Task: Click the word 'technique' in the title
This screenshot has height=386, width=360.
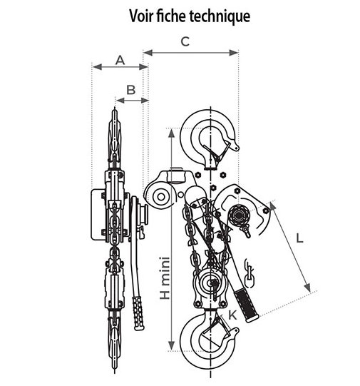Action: [220, 16]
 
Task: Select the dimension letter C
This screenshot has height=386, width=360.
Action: [185, 41]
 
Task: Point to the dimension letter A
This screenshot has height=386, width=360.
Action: [120, 60]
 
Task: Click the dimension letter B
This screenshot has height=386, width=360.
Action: [131, 90]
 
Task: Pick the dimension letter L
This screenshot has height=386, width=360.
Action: [299, 238]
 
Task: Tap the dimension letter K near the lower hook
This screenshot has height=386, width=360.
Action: [232, 315]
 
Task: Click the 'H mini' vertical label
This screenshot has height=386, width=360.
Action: [165, 278]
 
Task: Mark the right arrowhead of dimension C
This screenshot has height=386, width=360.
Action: [234, 52]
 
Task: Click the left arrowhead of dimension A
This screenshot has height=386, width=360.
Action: [98, 67]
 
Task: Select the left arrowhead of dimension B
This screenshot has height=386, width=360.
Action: [120, 100]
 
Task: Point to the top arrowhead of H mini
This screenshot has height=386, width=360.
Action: [172, 133]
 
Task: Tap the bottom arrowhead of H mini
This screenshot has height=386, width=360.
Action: [172, 346]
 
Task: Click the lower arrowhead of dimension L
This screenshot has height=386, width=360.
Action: [307, 288]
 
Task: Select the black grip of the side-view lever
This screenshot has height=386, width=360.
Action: [138, 313]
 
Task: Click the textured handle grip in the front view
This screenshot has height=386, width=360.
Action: [246, 305]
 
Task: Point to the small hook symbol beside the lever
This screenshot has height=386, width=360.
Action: [249, 274]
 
